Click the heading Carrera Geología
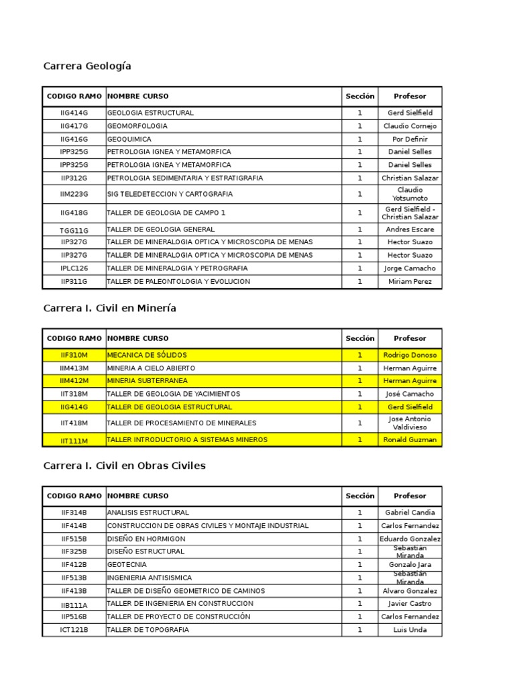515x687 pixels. (87, 66)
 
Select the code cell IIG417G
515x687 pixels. (74, 126)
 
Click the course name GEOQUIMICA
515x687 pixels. (129, 139)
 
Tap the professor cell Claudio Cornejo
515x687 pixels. (410, 126)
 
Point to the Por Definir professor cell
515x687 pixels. (410, 139)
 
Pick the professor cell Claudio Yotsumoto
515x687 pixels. (410, 194)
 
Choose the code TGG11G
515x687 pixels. (74, 230)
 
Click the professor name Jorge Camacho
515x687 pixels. (410, 268)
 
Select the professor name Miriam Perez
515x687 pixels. (410, 282)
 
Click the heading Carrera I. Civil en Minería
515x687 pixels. (109, 308)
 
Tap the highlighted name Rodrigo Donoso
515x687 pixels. (410, 355)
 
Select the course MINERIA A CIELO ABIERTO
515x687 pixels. (152, 368)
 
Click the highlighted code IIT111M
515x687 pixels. (74, 441)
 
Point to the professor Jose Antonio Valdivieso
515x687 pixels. (410, 423)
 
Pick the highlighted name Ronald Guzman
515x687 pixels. (410, 440)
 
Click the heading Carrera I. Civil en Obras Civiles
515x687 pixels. (124, 466)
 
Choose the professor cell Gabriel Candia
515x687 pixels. (410, 513)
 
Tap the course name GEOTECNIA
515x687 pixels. (127, 565)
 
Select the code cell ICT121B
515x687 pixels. (74, 630)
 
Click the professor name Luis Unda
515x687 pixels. (410, 630)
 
